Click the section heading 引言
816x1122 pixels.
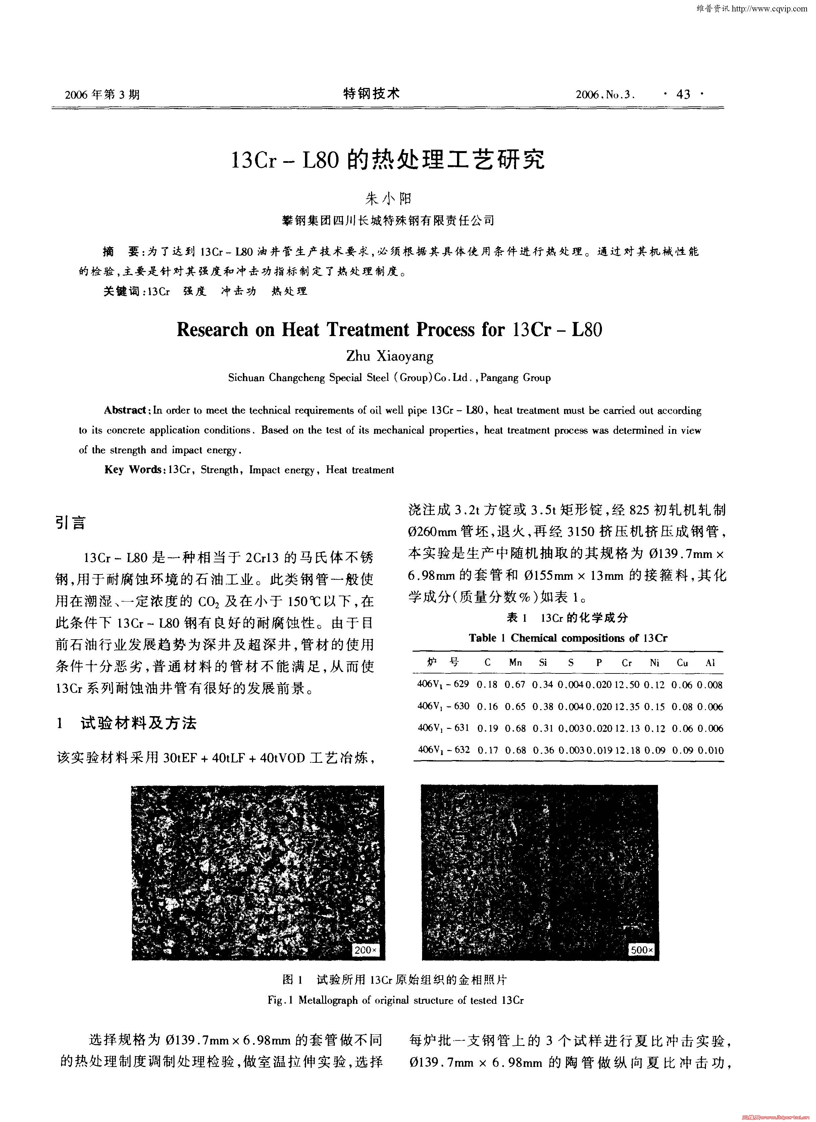(x=71, y=523)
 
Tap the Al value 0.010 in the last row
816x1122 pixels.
(x=710, y=750)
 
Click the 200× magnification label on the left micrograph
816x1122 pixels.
(x=366, y=950)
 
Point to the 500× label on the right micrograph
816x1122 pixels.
(x=642, y=950)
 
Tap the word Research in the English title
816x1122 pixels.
(x=213, y=330)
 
